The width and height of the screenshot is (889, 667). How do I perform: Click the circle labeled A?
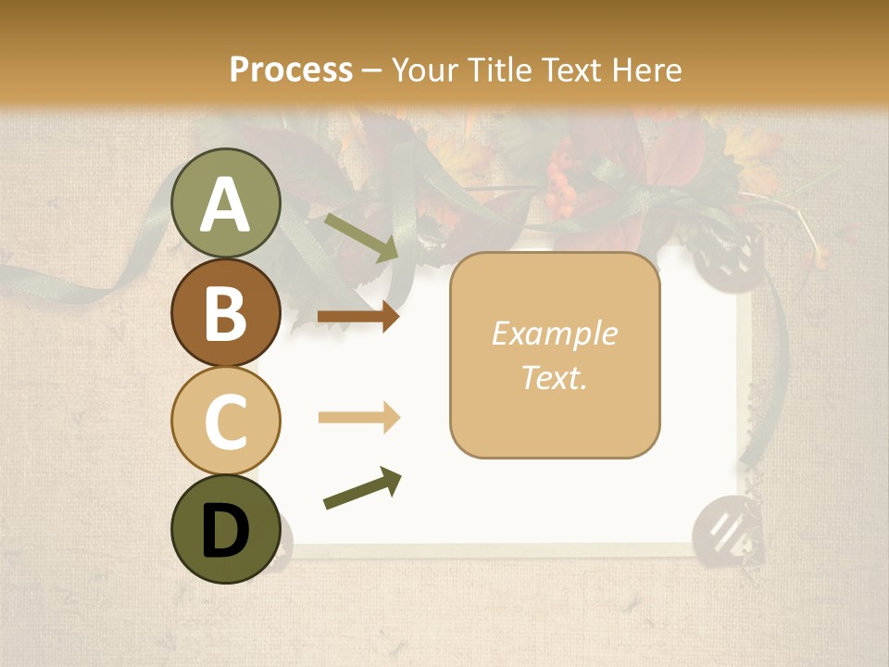click(x=226, y=203)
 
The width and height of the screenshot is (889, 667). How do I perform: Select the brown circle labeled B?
click(x=226, y=312)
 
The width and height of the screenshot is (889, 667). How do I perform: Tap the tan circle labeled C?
click(x=226, y=421)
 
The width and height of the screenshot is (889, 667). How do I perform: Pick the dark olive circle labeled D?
click(x=226, y=529)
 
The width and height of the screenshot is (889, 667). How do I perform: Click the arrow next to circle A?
click(x=361, y=236)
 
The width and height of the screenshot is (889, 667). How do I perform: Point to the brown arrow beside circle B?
click(x=358, y=317)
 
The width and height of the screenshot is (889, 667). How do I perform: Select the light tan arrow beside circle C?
click(x=359, y=418)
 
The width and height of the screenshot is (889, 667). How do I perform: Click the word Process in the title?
click(x=291, y=69)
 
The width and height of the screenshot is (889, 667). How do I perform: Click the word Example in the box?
click(x=555, y=333)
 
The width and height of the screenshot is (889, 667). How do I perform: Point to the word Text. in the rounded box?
click(x=555, y=377)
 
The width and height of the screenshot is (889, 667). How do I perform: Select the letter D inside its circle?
click(x=226, y=532)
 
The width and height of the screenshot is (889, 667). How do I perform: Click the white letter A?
click(x=226, y=205)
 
